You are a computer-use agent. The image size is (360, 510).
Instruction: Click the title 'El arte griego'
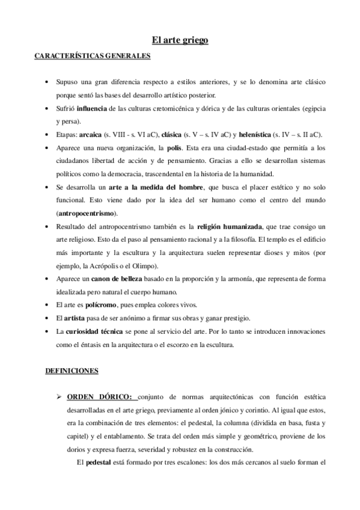[180, 41]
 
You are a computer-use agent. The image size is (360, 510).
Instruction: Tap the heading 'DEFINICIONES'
[72, 371]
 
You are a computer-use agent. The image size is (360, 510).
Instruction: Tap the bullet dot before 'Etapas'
[47, 135]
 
